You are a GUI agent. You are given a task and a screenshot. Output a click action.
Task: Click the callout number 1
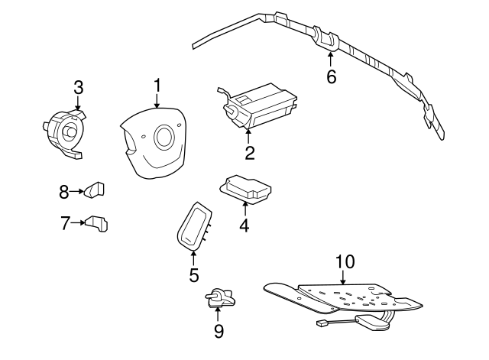(x=157, y=84)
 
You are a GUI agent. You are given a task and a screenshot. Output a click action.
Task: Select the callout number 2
(x=249, y=153)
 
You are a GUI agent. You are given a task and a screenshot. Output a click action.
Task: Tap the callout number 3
(x=78, y=87)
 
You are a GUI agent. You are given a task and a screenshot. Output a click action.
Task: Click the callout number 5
(x=193, y=275)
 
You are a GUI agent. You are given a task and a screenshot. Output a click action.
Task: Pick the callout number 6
(x=331, y=76)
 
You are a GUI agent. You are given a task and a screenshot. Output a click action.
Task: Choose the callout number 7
(x=66, y=223)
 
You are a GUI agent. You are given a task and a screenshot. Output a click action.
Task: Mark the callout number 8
(x=65, y=191)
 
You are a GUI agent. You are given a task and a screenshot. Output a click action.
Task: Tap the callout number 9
(x=219, y=330)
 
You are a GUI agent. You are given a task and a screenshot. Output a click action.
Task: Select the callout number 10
(x=345, y=261)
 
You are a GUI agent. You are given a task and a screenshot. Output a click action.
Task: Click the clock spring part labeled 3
(x=65, y=131)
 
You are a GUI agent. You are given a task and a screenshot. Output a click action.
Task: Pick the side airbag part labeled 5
(x=193, y=224)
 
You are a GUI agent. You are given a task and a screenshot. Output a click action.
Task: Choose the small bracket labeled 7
(x=96, y=222)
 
